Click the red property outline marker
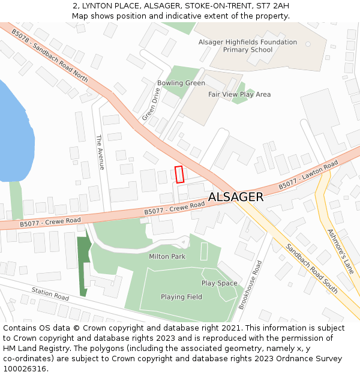[179, 174]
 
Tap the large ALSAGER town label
[235, 197]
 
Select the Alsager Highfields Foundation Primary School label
[248, 46]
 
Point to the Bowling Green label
[181, 83]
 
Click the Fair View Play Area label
[239, 94]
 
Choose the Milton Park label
[167, 256]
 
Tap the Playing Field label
[181, 296]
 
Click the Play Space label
[219, 283]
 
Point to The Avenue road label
[100, 152]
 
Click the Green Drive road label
[151, 104]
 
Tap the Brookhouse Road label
[250, 284]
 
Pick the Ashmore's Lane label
[341, 251]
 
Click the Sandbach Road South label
[311, 268]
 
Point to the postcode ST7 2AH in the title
[272, 6]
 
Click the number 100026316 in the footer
[26, 368]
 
